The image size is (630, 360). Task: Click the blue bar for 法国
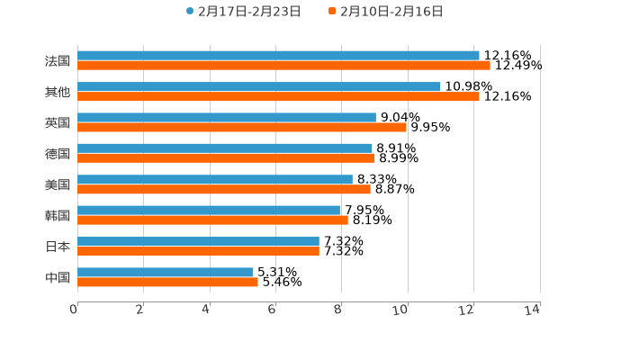tap(278, 56)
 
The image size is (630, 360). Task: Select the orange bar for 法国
tap(283, 66)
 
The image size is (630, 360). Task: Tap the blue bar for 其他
tap(259, 86)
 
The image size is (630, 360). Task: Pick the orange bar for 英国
tap(242, 128)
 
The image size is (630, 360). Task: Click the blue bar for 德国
tap(225, 148)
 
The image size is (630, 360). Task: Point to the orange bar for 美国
tap(224, 190)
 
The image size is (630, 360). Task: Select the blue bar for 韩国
tap(209, 211)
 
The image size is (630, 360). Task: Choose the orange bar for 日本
tap(198, 251)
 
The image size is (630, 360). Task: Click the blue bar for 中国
tap(165, 272)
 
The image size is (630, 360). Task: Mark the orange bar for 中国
tap(167, 282)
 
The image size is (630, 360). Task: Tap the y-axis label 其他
tap(58, 92)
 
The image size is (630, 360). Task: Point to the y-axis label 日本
tap(58, 247)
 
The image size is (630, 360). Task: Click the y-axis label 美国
tap(58, 184)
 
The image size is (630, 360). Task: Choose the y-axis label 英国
tap(58, 122)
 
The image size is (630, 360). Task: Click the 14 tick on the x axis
tap(533, 310)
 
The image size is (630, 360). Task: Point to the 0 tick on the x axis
tap(74, 310)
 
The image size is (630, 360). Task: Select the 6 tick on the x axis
tap(272, 310)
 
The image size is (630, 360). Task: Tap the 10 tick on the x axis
tap(400, 310)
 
